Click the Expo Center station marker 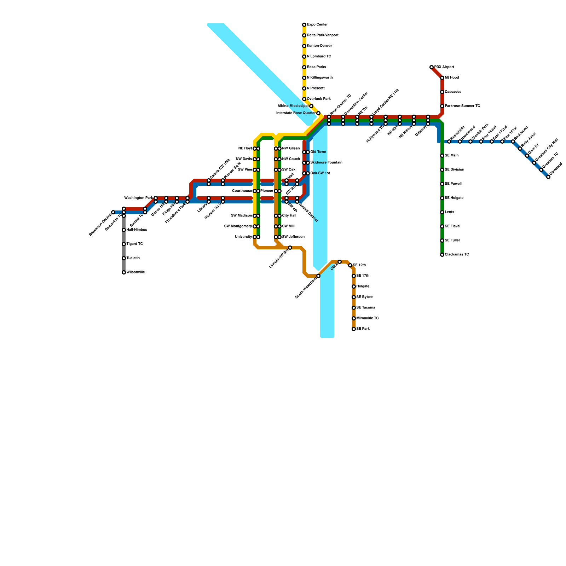point(304,25)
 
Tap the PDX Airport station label point(444,67)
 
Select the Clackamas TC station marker point(442,255)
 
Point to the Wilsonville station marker point(124,272)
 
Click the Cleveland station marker point(548,177)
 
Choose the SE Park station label point(363,329)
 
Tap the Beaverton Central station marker point(113,212)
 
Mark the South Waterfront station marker point(318,276)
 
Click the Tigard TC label point(135,244)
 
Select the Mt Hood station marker point(442,78)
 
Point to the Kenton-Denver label point(319,46)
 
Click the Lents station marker point(442,212)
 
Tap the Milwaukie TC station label point(368,318)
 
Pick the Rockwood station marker point(513,141)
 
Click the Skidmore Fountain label point(326,163)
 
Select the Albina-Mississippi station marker point(311,106)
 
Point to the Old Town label point(318,152)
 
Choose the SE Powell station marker point(442,184)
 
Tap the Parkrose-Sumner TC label point(462,106)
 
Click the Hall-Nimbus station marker point(124,230)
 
